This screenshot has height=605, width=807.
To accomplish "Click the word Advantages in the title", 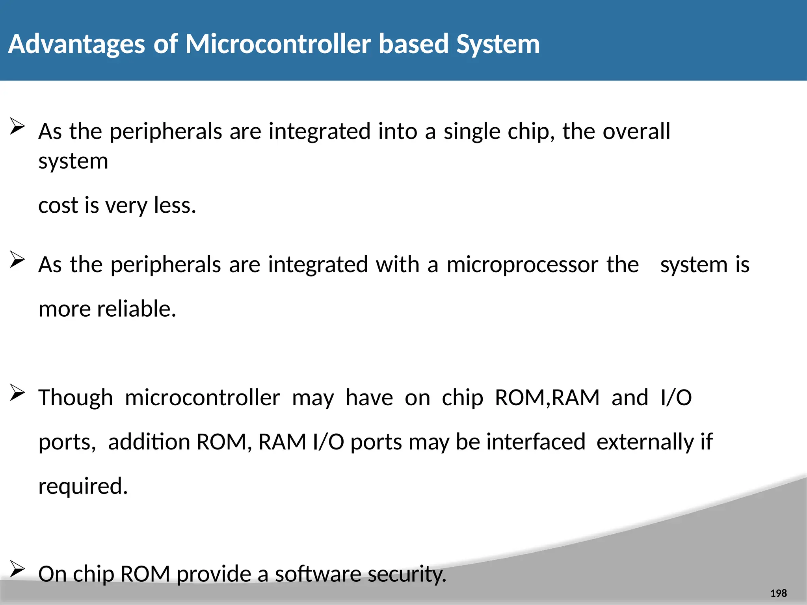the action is [76, 44].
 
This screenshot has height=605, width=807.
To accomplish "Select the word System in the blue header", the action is [498, 44].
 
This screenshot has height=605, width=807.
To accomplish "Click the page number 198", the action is [778, 593].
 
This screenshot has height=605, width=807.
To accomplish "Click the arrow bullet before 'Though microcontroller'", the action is [17, 393].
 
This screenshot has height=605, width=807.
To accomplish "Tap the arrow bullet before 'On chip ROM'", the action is [17, 570].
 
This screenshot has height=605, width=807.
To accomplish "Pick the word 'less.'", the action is [175, 205].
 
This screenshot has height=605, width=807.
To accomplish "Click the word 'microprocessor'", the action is [522, 265].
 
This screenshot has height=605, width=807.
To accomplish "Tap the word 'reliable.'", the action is [136, 308].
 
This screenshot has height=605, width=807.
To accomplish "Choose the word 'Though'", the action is [76, 398].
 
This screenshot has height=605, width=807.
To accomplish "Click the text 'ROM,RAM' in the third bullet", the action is [547, 397].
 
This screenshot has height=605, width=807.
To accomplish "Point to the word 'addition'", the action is [149, 442].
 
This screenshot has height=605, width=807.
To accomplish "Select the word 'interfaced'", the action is [536, 442].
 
